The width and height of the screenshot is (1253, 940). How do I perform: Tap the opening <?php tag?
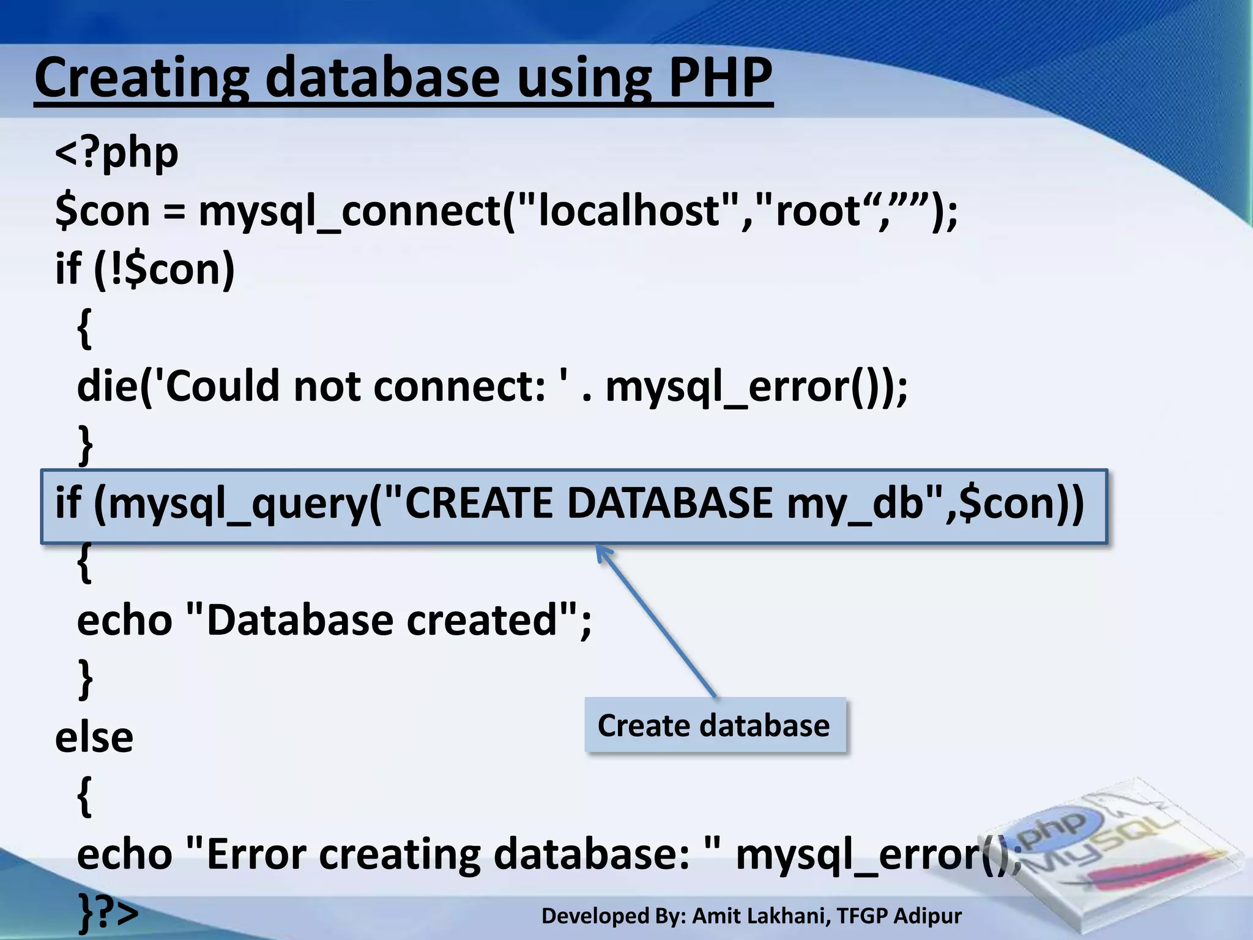[x=117, y=153]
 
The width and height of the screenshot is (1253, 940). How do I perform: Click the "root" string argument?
[x=814, y=211]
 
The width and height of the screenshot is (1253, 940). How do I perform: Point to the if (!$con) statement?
[x=145, y=269]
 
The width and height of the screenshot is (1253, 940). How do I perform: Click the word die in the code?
[x=107, y=387]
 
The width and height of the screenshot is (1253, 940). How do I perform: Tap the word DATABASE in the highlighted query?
[x=669, y=504]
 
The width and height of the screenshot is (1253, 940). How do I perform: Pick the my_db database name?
[x=854, y=504]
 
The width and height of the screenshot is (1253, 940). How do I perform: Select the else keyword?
[x=94, y=737]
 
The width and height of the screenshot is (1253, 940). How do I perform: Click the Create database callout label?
[x=714, y=726]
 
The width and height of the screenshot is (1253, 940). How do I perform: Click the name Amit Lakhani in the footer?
[x=761, y=916]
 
